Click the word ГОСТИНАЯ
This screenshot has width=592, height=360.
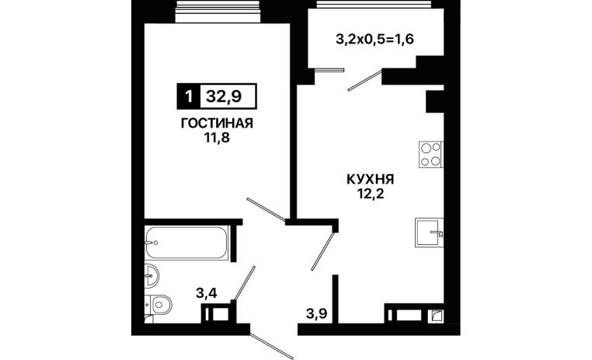pyautogui.click(x=217, y=123)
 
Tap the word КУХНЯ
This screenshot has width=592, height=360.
pyautogui.click(x=370, y=179)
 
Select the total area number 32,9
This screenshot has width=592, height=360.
pyautogui.click(x=224, y=96)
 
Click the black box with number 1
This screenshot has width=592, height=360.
pyautogui.click(x=189, y=96)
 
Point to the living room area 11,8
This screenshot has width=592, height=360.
pyautogui.click(x=217, y=138)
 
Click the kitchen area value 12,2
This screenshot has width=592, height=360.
pyautogui.click(x=371, y=194)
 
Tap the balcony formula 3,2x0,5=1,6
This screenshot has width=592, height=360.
pyautogui.click(x=375, y=39)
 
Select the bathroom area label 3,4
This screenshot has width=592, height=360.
pyautogui.click(x=207, y=293)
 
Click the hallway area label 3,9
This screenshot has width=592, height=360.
pyautogui.click(x=316, y=313)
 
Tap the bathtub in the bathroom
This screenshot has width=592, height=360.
pyautogui.click(x=187, y=243)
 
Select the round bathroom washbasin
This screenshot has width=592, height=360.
pyautogui.click(x=151, y=276)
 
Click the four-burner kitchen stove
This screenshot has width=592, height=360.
pyautogui.click(x=430, y=155)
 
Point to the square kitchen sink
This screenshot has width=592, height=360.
pyautogui.click(x=429, y=232)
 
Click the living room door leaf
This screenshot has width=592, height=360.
pyautogui.click(x=266, y=209)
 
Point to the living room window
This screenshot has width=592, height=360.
pyautogui.click(x=218, y=12)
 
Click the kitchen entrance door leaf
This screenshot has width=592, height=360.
pyautogui.click(x=323, y=251)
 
